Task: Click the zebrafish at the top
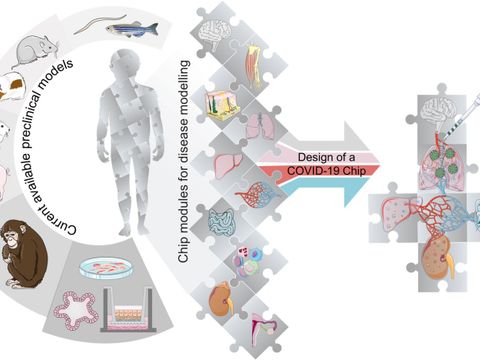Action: [132, 28]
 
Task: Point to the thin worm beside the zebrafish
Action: [99, 24]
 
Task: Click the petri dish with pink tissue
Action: [106, 267]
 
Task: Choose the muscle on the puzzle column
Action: [255, 63]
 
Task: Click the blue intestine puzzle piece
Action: [223, 223]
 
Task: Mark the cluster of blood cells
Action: [247, 263]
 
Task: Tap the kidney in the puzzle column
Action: [220, 298]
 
